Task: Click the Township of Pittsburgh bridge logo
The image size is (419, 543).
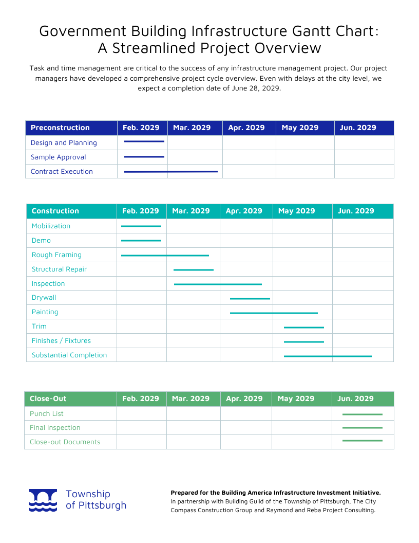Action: [x=43, y=500]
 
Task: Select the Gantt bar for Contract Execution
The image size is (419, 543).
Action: [x=170, y=172]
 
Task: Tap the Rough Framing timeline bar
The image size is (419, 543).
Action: [x=165, y=256]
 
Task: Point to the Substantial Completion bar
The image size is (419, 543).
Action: [x=328, y=356]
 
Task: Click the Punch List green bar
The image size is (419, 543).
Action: [x=362, y=414]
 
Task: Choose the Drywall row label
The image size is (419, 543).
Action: [x=44, y=298]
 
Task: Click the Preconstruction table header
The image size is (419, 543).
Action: [x=60, y=128]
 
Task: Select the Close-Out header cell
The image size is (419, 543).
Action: [x=48, y=399]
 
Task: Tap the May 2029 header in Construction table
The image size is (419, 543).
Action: [x=296, y=211]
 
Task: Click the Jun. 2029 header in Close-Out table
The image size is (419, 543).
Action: [x=355, y=399]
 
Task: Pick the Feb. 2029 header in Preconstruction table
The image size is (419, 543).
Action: [x=141, y=128]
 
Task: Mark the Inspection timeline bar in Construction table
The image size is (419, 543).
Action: [x=218, y=284]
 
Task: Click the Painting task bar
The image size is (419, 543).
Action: [x=274, y=313]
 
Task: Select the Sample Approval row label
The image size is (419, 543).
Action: [x=58, y=157]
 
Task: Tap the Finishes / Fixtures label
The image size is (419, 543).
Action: [x=61, y=341]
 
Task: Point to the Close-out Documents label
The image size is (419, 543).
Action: [x=65, y=442]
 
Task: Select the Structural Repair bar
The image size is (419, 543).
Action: [x=193, y=269]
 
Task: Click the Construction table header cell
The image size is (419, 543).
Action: [x=55, y=211]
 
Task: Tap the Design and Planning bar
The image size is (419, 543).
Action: [x=144, y=141]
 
